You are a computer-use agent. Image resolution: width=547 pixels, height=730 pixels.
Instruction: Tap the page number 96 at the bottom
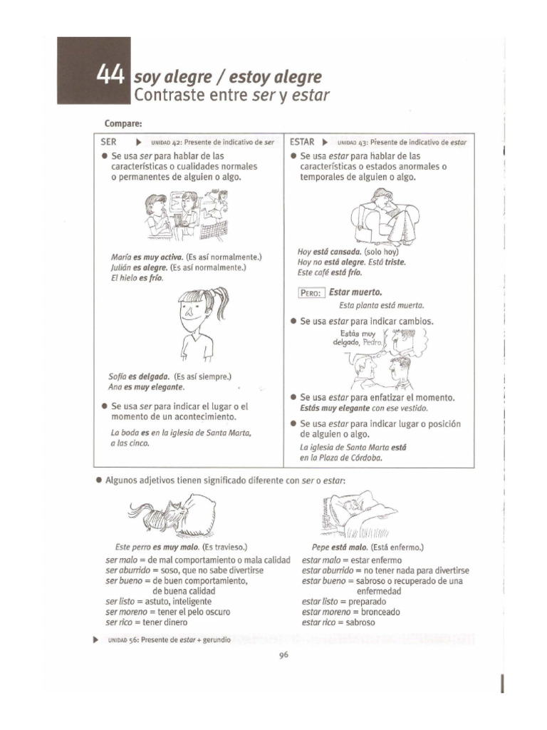(x=282, y=657)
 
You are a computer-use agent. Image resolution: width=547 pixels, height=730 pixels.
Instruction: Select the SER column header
(x=108, y=142)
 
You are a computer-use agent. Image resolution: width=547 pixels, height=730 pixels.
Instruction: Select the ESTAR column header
(x=303, y=142)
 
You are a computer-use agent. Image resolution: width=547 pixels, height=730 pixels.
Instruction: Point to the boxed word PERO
(x=311, y=292)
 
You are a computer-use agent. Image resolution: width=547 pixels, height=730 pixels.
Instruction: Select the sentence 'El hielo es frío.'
(x=137, y=278)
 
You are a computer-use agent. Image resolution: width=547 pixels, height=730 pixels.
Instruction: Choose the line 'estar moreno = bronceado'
(x=350, y=612)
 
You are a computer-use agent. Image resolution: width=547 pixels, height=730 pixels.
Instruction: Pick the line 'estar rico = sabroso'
(x=338, y=622)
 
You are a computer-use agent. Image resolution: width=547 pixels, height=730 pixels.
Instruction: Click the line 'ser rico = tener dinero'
(x=147, y=622)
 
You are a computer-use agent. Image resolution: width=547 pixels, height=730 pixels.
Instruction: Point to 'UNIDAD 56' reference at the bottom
(x=124, y=640)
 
